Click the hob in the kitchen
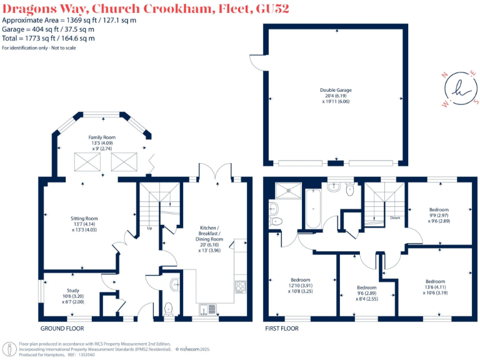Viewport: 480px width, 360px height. tap(240, 287)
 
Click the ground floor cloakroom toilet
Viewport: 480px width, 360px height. tap(167, 309)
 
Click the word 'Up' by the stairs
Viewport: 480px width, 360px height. tap(150, 228)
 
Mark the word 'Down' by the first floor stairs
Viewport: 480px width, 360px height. tap(394, 218)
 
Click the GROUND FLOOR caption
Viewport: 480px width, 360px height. tap(62, 328)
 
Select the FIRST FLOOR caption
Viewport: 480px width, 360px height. tap(281, 328)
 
